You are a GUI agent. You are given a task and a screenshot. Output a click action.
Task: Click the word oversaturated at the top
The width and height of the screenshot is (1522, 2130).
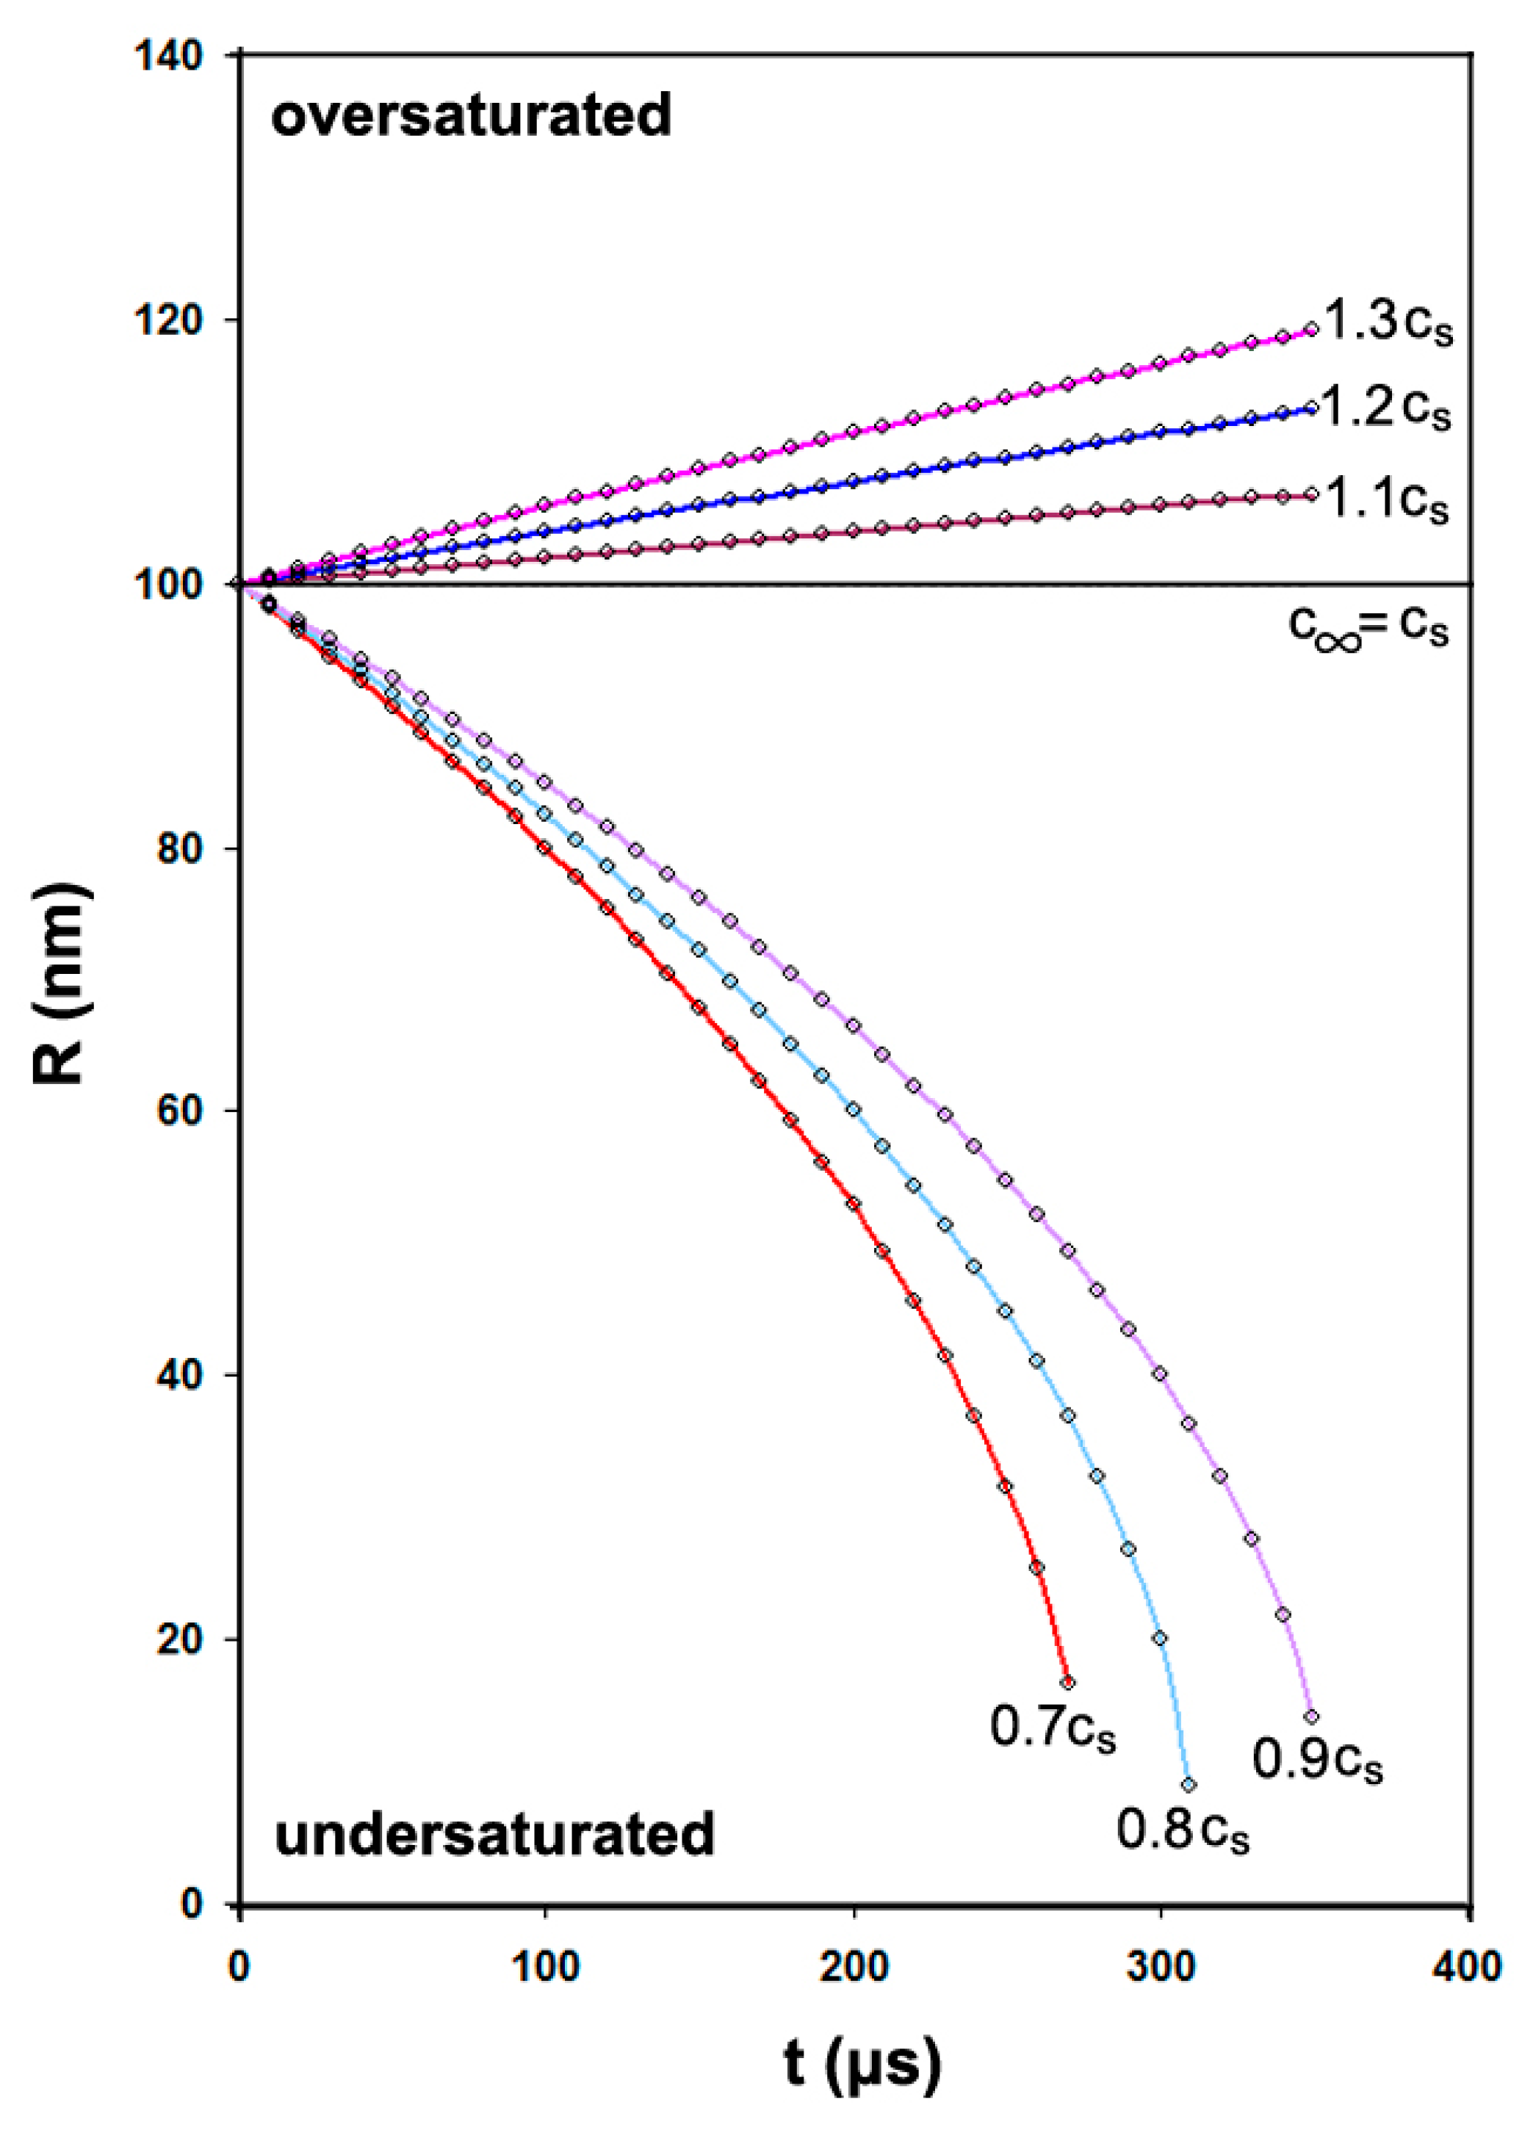[472, 116]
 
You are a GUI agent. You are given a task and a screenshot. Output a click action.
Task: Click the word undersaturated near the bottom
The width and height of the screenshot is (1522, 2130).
[494, 1834]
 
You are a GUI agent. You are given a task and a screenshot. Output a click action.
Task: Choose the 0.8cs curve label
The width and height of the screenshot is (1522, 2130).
[1183, 1828]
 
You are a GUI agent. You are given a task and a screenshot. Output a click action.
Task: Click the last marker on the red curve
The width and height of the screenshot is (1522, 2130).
[1067, 1682]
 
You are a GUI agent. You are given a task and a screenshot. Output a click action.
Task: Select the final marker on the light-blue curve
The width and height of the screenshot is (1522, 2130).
[1189, 1785]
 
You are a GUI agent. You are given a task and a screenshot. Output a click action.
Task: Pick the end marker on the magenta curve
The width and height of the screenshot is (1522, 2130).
[1311, 329]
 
